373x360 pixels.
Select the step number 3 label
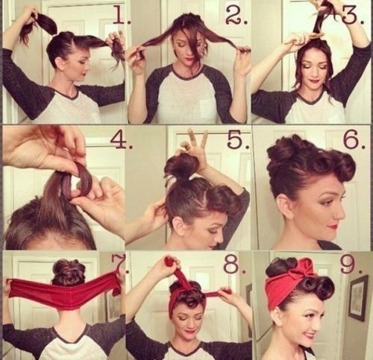(353, 14)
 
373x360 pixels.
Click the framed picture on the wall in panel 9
(358, 298)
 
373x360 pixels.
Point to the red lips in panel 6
(331, 227)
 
